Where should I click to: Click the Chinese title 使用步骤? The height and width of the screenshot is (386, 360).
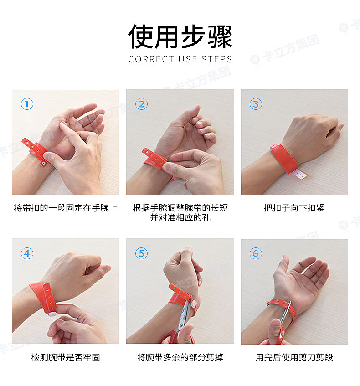(180, 36)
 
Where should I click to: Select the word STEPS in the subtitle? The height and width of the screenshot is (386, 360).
(217, 59)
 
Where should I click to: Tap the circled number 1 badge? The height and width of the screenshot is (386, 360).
(27, 104)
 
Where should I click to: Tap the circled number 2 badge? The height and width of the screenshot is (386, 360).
(141, 104)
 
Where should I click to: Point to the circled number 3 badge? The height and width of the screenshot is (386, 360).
(256, 104)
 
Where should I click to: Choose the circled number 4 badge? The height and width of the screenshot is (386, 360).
(27, 253)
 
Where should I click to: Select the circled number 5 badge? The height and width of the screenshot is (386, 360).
(141, 253)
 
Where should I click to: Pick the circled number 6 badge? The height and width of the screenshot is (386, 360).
(256, 253)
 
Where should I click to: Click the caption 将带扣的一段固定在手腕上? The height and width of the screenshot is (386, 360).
(66, 208)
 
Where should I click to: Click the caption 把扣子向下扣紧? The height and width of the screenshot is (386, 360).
(294, 208)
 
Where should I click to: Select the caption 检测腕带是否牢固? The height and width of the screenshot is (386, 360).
(66, 357)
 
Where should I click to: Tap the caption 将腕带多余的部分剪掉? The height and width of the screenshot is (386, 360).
(180, 357)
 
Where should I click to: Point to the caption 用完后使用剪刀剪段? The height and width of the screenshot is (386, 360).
(294, 357)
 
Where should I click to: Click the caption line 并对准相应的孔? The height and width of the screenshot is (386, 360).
(180, 218)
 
